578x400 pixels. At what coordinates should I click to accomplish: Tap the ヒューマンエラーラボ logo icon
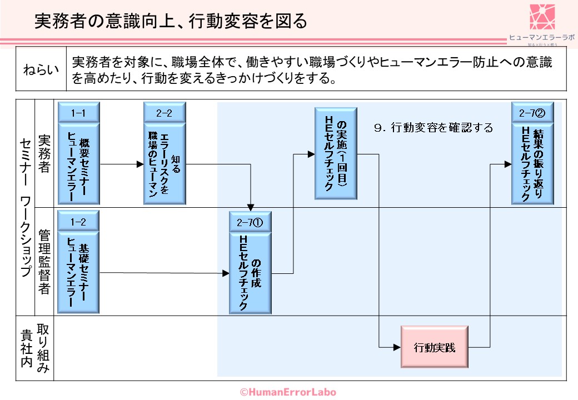click(542, 17)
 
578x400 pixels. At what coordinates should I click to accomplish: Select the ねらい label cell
click(41, 71)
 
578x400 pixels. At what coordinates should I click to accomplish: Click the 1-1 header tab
click(78, 113)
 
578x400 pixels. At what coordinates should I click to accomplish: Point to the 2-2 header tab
click(164, 113)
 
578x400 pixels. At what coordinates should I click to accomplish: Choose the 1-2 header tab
click(78, 222)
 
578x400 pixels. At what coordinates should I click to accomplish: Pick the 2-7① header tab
click(250, 222)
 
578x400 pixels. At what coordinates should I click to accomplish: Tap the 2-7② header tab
click(532, 113)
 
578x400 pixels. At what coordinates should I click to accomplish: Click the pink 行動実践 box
click(435, 347)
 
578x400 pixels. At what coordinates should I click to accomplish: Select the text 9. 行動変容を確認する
click(434, 128)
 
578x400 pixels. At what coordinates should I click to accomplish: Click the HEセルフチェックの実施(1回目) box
click(336, 153)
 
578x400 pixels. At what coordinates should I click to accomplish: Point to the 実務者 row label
click(44, 153)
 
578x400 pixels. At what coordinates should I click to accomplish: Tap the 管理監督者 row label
click(44, 262)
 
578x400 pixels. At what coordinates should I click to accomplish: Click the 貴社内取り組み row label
click(35, 348)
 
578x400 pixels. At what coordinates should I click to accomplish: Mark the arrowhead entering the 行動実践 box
click(397, 347)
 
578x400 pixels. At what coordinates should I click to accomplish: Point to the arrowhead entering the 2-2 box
click(140, 164)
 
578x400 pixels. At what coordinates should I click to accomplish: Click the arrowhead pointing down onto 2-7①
click(252, 208)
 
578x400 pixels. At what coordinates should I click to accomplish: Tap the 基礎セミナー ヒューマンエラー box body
click(78, 273)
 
